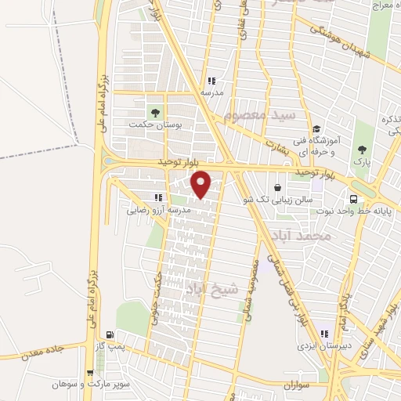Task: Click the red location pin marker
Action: pos(201,183)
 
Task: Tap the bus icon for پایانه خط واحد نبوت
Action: pos(353,199)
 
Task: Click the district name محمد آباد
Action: pos(298,234)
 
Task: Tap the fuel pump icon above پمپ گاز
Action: pos(119,334)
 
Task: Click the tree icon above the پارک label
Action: pos(361,150)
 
